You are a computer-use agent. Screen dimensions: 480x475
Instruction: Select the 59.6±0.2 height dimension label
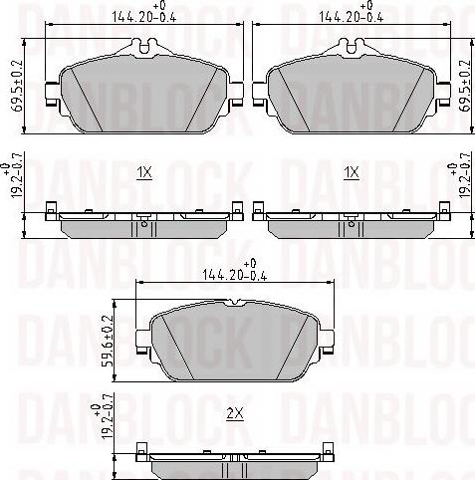(108, 342)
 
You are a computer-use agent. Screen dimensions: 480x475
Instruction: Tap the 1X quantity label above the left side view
(144, 173)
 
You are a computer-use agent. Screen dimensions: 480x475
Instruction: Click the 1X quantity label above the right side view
(350, 173)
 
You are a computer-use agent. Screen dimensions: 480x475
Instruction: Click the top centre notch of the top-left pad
(145, 46)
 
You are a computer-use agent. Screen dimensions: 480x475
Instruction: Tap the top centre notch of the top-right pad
(350, 46)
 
